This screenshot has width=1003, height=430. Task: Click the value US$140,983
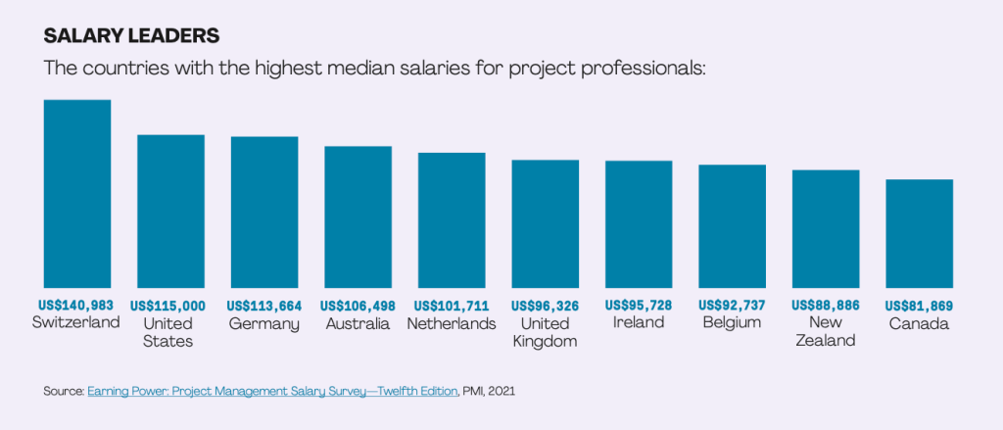tap(76, 306)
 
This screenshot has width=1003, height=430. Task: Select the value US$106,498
tap(358, 306)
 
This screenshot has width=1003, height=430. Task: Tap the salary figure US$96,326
tap(546, 306)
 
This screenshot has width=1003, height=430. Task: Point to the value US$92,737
tap(732, 306)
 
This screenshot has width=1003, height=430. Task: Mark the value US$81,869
tap(919, 306)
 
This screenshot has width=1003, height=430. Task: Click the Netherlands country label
tap(452, 323)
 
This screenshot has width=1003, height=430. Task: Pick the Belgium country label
tap(732, 323)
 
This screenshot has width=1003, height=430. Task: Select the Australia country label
tap(358, 323)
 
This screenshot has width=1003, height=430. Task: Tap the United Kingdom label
tap(546, 332)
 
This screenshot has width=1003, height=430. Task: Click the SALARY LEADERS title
tap(131, 36)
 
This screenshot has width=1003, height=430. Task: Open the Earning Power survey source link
tap(271, 391)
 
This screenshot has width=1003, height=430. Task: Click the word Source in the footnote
tap(64, 391)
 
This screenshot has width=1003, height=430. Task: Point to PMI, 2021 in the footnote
tap(489, 391)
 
